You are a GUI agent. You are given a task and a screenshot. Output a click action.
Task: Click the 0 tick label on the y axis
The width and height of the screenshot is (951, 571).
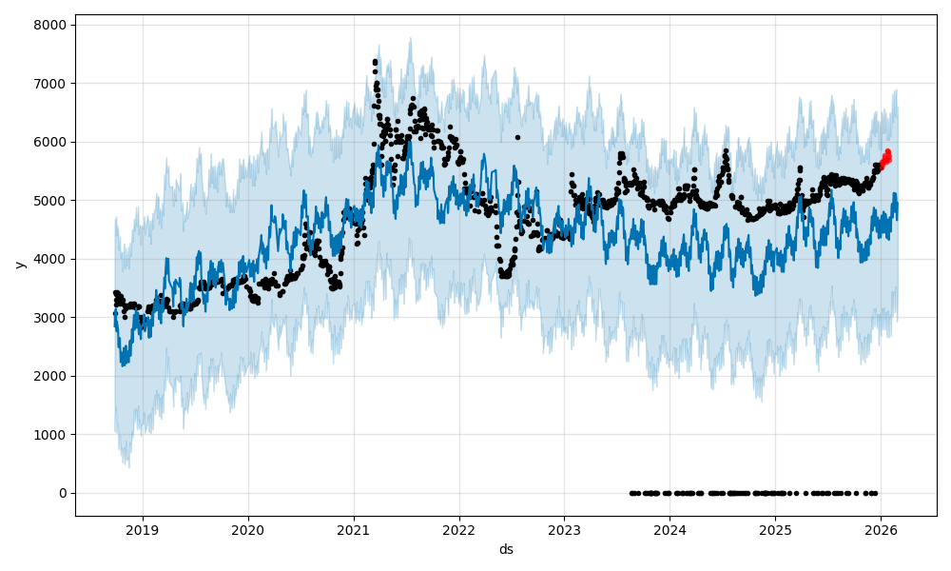tap(63, 493)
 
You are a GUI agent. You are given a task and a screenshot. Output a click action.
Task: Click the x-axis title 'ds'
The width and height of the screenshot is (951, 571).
tap(506, 549)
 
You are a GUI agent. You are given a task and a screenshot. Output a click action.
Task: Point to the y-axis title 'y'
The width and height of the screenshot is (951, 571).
tap(18, 265)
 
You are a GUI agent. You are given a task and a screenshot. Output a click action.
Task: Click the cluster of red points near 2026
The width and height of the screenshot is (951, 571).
tap(885, 158)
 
